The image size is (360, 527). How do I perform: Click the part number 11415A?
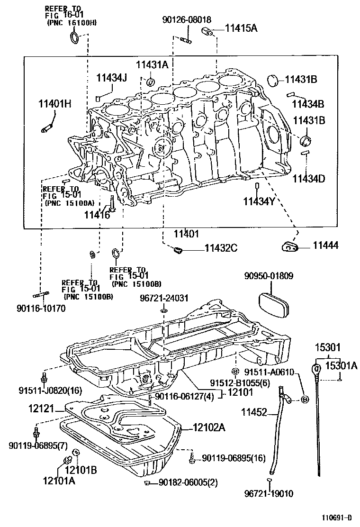241,28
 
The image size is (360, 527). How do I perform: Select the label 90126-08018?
186,19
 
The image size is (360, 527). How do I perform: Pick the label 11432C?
221,247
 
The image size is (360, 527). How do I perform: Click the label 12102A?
209,427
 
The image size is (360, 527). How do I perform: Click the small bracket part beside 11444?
290,246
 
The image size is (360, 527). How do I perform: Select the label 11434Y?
259,201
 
